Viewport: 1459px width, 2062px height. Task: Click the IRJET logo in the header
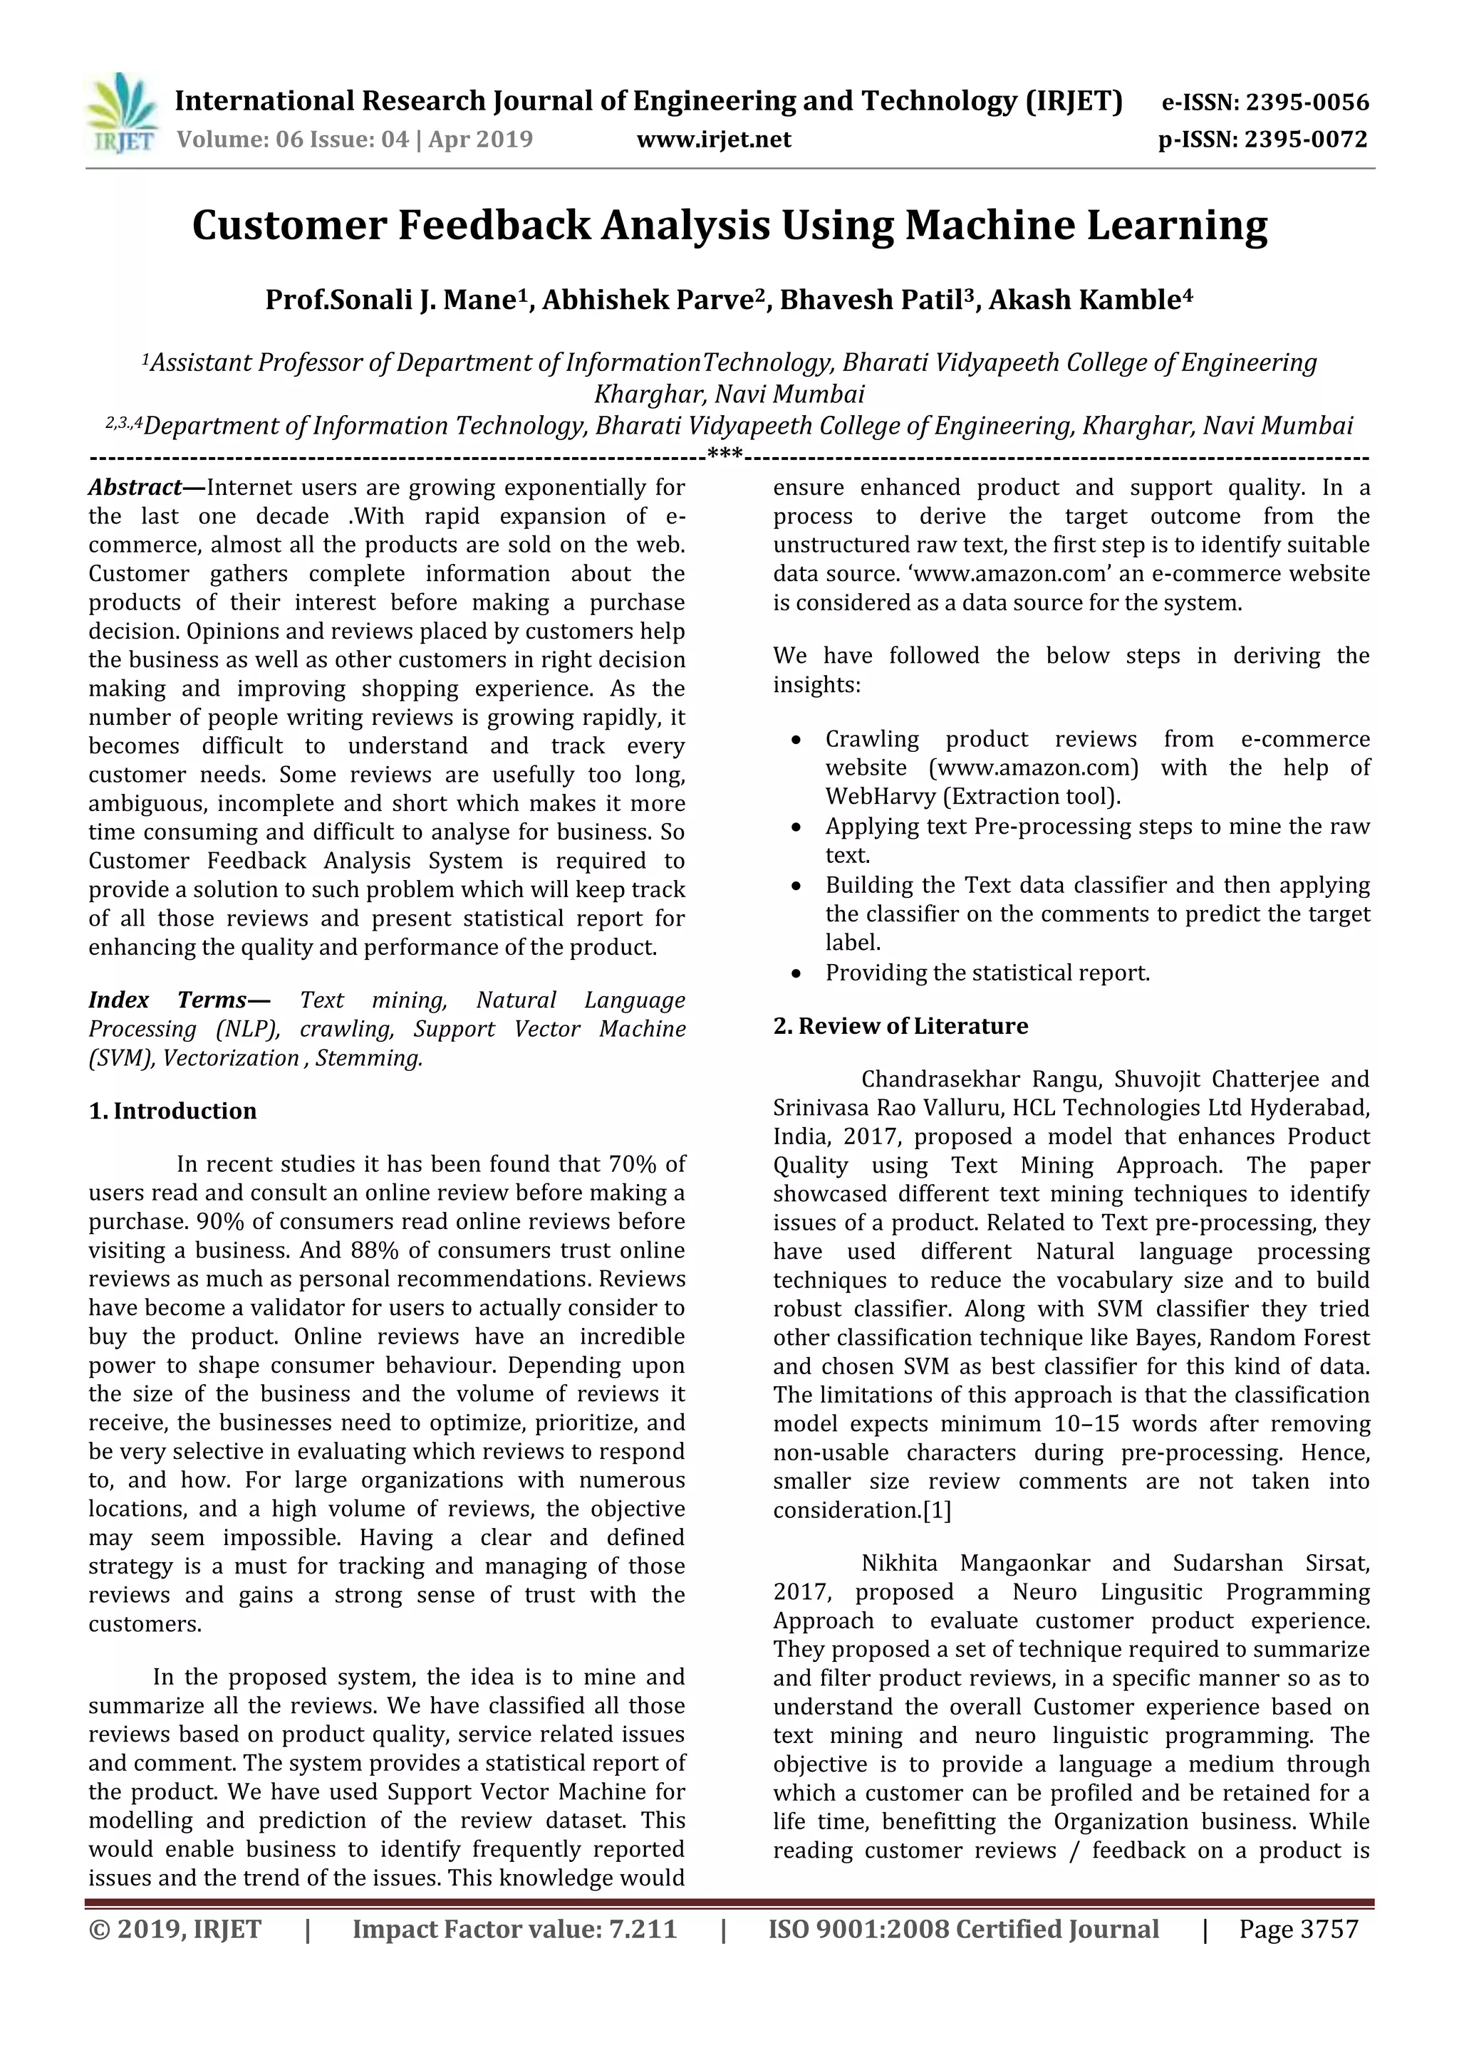(x=121, y=113)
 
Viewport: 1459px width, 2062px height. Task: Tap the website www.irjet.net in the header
(x=715, y=140)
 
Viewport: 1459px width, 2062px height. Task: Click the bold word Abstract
(x=134, y=488)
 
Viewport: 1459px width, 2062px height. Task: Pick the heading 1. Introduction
(x=172, y=1111)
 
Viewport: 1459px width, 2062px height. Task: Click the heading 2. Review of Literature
(x=900, y=1025)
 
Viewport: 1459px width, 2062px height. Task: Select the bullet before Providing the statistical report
(x=796, y=973)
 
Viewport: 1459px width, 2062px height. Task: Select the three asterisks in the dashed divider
(x=725, y=454)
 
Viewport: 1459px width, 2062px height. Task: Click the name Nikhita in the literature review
(x=899, y=1563)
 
